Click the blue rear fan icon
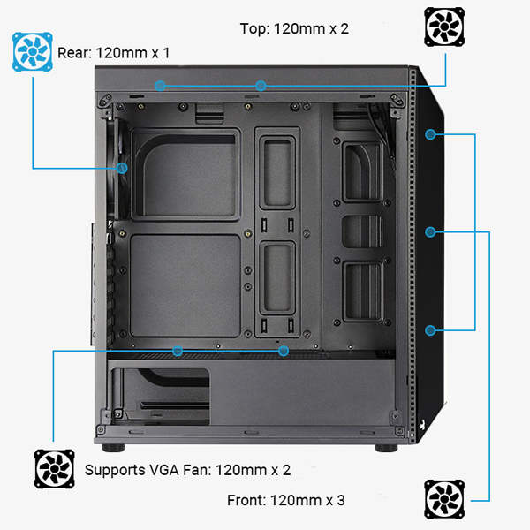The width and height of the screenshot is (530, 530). (33, 51)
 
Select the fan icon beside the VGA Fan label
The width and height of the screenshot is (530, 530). (55, 468)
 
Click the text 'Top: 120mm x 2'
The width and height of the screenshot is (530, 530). (294, 28)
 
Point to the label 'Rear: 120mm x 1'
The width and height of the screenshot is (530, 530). (114, 53)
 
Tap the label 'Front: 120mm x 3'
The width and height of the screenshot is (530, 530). (286, 500)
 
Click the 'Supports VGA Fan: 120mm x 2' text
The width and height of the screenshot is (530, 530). (187, 469)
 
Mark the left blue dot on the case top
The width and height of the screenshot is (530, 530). (160, 86)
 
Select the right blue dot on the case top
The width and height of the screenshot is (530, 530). (261, 86)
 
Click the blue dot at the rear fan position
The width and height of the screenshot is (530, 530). (122, 167)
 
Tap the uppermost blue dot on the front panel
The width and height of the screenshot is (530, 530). (430, 134)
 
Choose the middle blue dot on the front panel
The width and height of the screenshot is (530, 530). (430, 232)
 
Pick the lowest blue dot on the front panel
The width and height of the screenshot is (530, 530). (430, 330)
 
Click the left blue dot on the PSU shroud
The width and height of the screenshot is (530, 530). (178, 351)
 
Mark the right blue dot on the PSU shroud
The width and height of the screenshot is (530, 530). (284, 351)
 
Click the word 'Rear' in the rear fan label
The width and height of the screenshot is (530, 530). (74, 53)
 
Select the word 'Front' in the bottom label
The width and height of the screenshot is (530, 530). (246, 500)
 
